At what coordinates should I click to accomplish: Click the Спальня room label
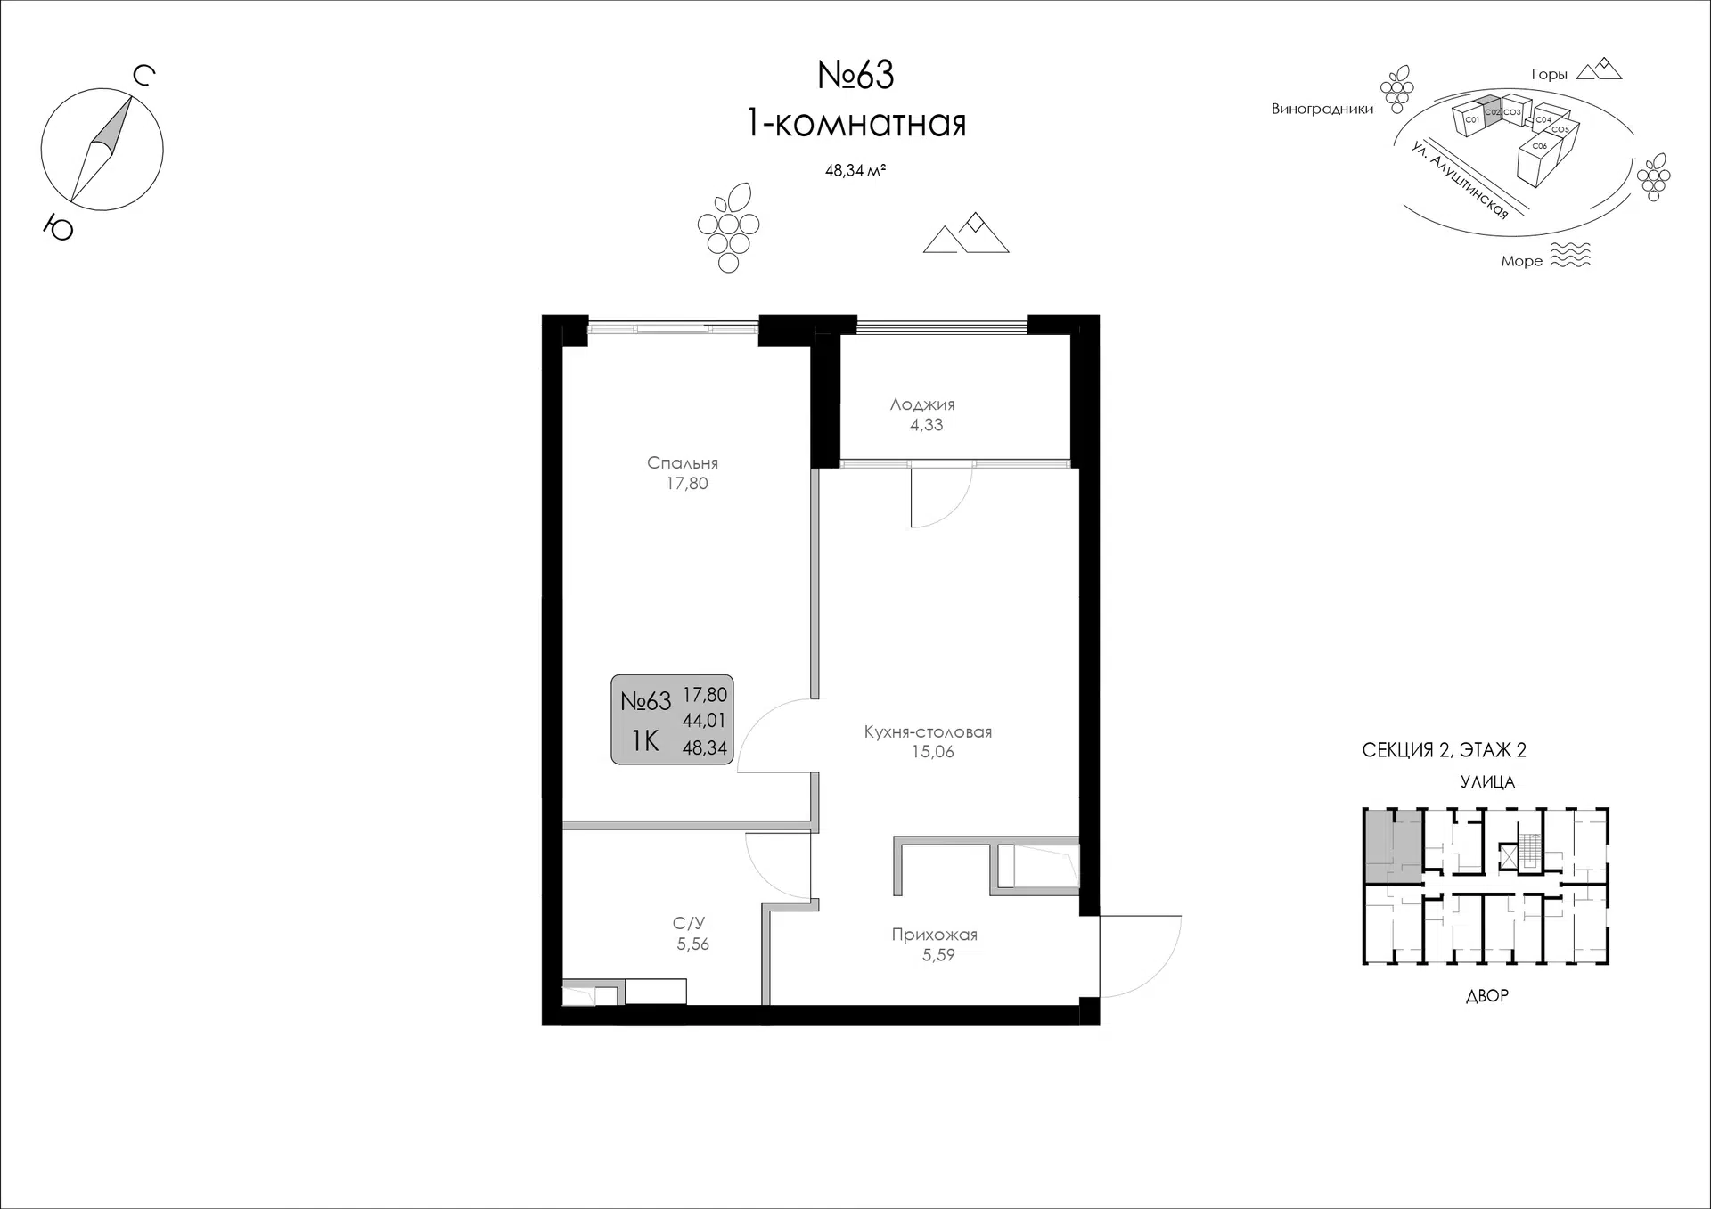point(683,463)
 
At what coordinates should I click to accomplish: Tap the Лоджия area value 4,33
point(926,426)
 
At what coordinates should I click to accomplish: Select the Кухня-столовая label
point(928,732)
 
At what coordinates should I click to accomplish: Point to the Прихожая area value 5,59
point(938,955)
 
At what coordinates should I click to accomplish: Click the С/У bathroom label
point(689,924)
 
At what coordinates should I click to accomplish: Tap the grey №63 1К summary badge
point(672,720)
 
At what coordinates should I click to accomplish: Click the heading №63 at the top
point(855,75)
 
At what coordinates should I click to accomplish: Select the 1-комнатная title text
point(855,124)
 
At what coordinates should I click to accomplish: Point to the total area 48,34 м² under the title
point(855,171)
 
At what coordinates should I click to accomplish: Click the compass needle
point(102,149)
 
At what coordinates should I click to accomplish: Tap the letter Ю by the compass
point(59,229)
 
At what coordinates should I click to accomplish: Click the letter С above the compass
point(144,76)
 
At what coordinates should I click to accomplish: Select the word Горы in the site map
point(1549,75)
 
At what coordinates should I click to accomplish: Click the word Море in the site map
point(1521,261)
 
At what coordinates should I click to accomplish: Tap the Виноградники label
point(1322,110)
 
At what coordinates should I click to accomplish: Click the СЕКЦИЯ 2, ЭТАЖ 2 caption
point(1444,750)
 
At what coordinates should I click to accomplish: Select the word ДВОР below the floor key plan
point(1487,996)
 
